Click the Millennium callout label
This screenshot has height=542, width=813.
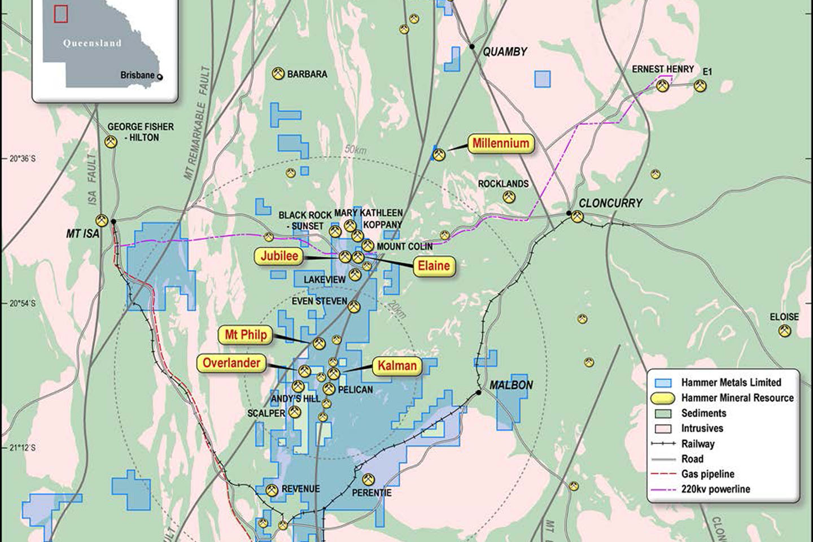[501, 143]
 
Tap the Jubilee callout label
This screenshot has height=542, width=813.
[279, 256]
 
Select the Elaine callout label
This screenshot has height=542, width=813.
[434, 266]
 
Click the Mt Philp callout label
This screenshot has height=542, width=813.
[246, 335]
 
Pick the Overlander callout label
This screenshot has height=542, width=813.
[231, 363]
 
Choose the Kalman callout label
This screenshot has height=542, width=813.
[397, 366]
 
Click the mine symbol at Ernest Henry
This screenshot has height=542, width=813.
[663, 85]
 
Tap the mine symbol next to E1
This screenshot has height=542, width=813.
[700, 86]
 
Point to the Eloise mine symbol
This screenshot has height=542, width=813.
[784, 331]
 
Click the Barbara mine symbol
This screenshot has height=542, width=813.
[278, 74]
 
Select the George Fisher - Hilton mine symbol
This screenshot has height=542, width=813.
[111, 142]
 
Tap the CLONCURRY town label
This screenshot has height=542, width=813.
[610, 203]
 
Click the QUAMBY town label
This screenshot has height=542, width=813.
[504, 52]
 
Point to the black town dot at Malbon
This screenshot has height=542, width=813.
[478, 392]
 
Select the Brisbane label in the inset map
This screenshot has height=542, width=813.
[137, 75]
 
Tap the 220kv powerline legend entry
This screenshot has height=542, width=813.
[715, 489]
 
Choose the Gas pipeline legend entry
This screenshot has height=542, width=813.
[707, 474]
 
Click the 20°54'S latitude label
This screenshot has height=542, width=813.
[23, 304]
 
